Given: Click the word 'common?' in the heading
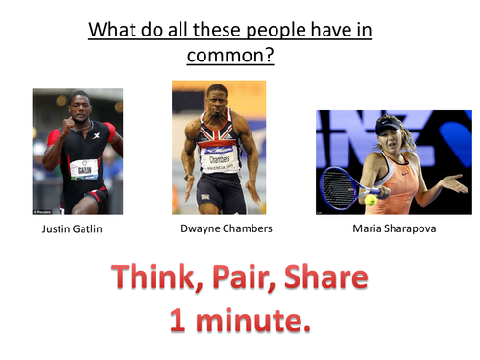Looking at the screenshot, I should click(x=229, y=55).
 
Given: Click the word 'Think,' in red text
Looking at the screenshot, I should click(x=157, y=278).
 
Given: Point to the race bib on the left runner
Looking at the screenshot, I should click(x=84, y=170).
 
